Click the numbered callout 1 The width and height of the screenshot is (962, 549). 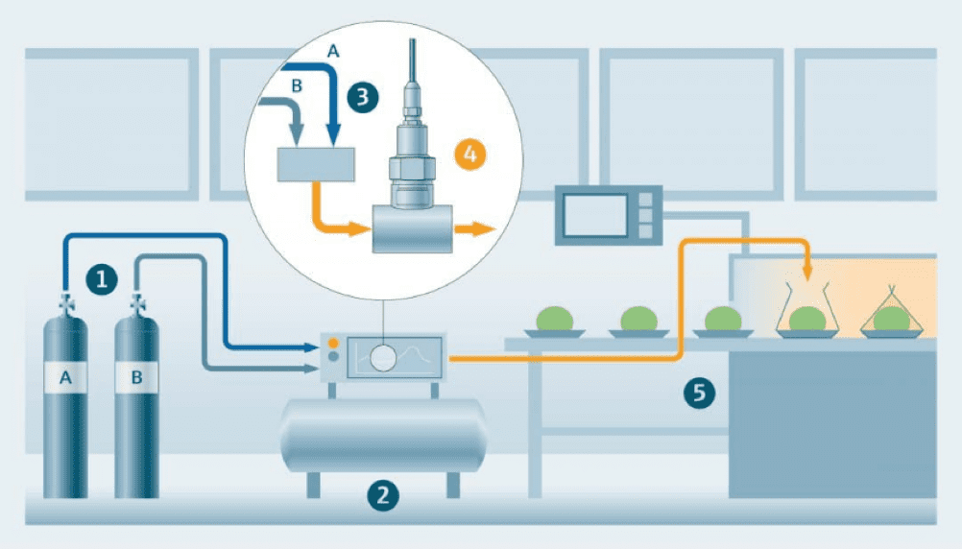point(102,279)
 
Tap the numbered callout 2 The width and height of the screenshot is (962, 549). point(383,495)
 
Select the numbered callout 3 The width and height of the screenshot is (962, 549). point(363,97)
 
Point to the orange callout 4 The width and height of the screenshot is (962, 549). point(469,154)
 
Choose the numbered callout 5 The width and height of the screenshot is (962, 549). point(699,393)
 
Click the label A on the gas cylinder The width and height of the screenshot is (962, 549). point(65,377)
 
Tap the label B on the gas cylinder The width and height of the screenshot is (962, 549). point(137,376)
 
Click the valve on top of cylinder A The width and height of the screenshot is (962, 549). point(65,304)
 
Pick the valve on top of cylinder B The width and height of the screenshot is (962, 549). point(137,304)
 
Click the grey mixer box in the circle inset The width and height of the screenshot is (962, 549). point(316,164)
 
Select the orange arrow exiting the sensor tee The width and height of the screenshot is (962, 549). point(474,229)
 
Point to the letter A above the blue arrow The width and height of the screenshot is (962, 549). point(333,51)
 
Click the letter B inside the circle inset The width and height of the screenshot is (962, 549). point(297,85)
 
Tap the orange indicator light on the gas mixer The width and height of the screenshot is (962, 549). point(333,343)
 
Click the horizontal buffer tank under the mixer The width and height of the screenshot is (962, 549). point(383,436)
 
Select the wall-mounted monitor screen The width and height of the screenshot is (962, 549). point(595,215)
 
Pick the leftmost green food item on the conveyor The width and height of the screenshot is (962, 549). point(555,319)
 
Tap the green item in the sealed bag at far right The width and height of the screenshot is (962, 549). point(891,319)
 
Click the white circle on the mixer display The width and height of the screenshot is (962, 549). point(383,358)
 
